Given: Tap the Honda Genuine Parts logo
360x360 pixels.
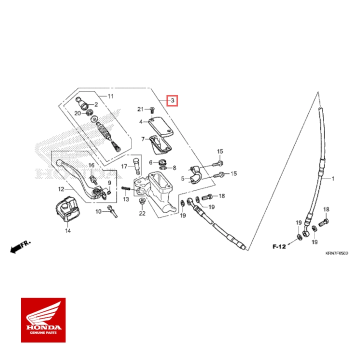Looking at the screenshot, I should (43, 320).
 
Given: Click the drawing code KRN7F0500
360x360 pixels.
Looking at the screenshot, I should (336, 253).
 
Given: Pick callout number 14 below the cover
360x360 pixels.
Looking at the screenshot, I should (67, 231).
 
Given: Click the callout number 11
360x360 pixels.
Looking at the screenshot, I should (110, 95).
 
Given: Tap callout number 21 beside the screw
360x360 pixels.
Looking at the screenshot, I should (140, 109).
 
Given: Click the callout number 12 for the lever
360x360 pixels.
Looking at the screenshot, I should (61, 189).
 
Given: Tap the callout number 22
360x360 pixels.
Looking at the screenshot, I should (142, 213).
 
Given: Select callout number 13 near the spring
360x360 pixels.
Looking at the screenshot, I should (126, 199).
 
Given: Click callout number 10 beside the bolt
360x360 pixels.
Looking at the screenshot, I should (98, 211).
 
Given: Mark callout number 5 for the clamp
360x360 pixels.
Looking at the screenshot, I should (182, 178).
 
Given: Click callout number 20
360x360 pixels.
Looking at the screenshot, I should (77, 113).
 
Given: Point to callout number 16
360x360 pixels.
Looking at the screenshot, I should (91, 165).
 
